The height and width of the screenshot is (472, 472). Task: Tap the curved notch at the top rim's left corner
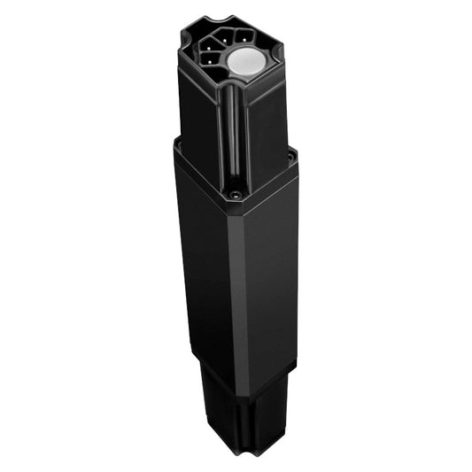coord(190,35)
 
